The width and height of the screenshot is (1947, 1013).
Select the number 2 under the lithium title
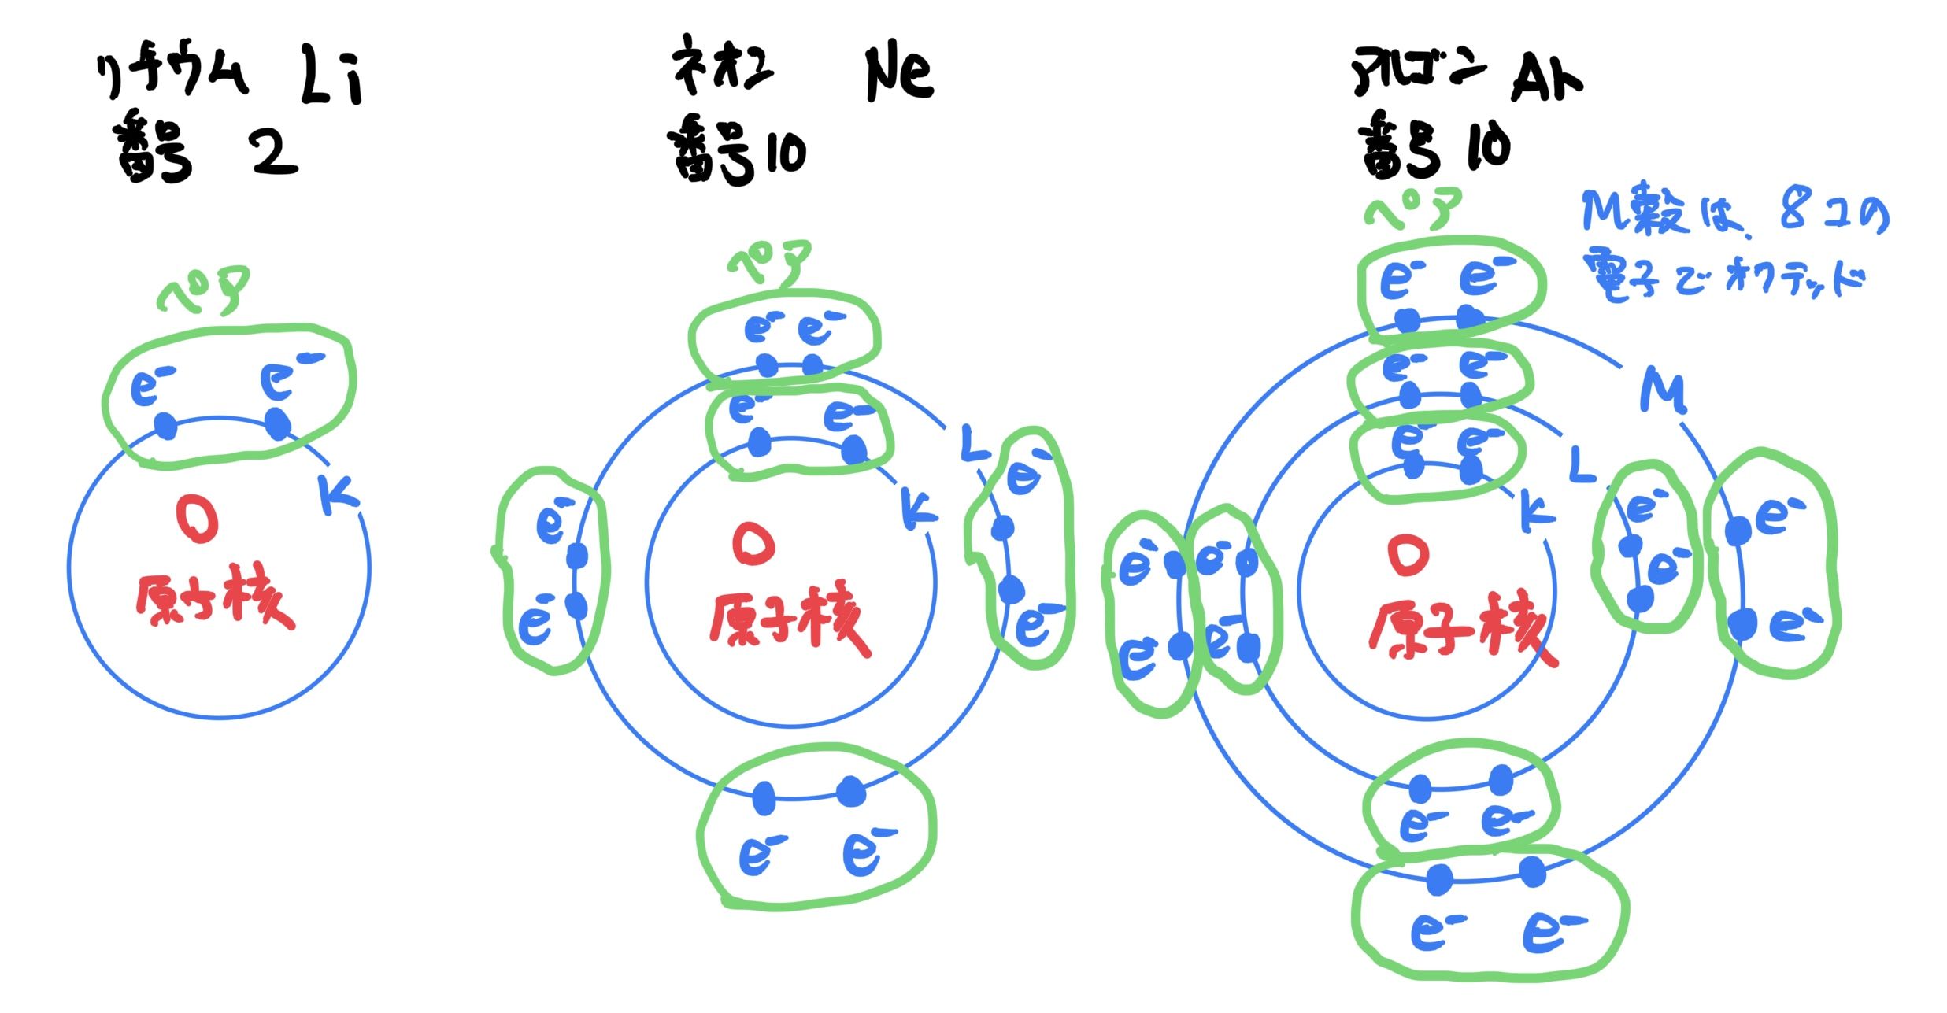click(272, 152)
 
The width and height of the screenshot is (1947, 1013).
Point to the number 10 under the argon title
click(1488, 146)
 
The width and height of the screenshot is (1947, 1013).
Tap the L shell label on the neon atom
click(975, 445)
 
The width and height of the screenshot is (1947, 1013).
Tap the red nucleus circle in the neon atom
click(753, 544)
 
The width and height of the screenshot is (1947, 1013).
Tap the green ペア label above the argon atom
click(1413, 209)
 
